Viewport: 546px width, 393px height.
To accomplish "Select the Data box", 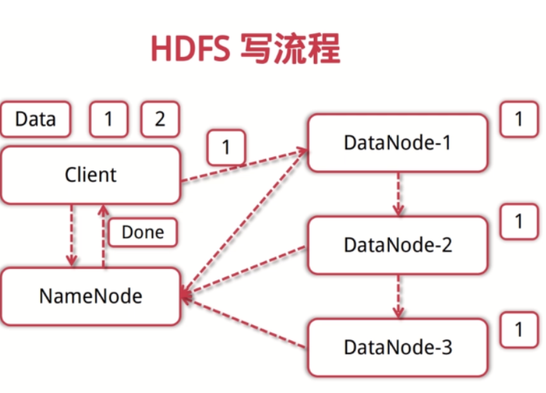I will pyautogui.click(x=35, y=119).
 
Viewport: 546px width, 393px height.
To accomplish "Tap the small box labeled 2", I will pyautogui.click(x=160, y=119).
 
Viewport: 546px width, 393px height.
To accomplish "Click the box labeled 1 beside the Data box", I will pyautogui.click(x=109, y=119).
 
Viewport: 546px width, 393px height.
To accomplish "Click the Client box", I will pyautogui.click(x=90, y=175).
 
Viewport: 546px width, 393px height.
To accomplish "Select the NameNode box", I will pyautogui.click(x=90, y=296).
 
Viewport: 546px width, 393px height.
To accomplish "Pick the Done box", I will pyautogui.click(x=142, y=232).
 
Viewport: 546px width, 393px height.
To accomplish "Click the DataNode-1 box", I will pyautogui.click(x=397, y=143).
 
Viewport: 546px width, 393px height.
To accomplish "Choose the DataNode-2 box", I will pyautogui.click(x=397, y=245).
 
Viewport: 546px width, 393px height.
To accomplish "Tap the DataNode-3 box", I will pyautogui.click(x=397, y=347).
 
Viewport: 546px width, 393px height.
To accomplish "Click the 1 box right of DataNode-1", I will pyautogui.click(x=519, y=119).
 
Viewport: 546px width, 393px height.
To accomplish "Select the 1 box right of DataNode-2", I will pyautogui.click(x=519, y=222).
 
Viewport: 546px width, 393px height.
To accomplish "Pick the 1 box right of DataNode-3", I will pyautogui.click(x=519, y=330).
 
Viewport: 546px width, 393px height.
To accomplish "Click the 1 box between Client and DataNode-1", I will pyautogui.click(x=226, y=148).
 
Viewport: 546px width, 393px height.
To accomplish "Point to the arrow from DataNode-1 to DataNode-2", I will pyautogui.click(x=398, y=194).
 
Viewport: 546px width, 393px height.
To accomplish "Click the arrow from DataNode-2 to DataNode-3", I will pyautogui.click(x=398, y=296).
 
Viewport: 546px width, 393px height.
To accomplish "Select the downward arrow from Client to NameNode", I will pyautogui.click(x=71, y=236).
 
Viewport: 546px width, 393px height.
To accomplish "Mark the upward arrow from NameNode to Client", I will pyautogui.click(x=104, y=236).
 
